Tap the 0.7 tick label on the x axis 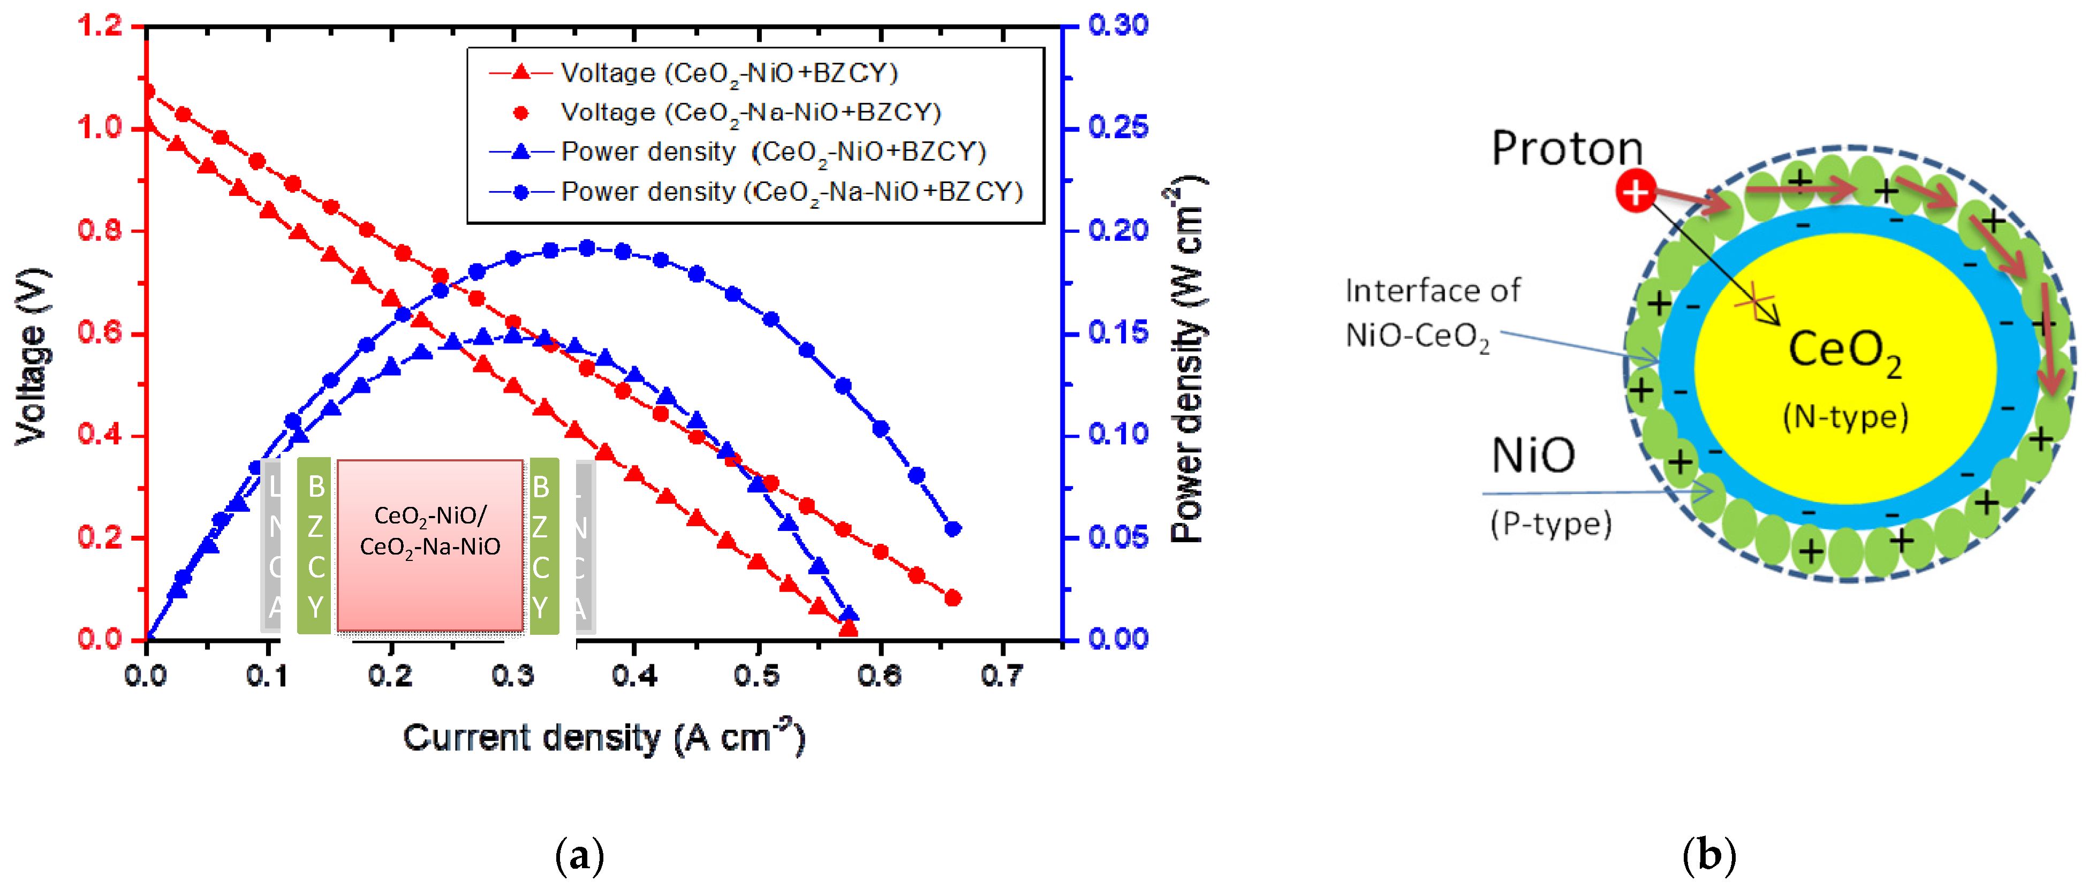(x=1002, y=675)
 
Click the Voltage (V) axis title (x=33, y=356)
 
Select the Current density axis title (x=604, y=738)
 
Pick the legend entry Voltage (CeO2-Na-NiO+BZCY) (x=750, y=112)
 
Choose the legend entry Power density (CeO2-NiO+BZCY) (x=773, y=152)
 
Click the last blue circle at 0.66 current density (x=954, y=529)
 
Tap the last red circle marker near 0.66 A (x=954, y=598)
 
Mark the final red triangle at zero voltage (x=848, y=628)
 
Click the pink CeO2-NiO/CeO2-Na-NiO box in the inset (x=429, y=545)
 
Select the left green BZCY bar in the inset (x=314, y=545)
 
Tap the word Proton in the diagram (x=1567, y=149)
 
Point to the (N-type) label (x=1844, y=416)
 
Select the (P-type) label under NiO (x=1550, y=523)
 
